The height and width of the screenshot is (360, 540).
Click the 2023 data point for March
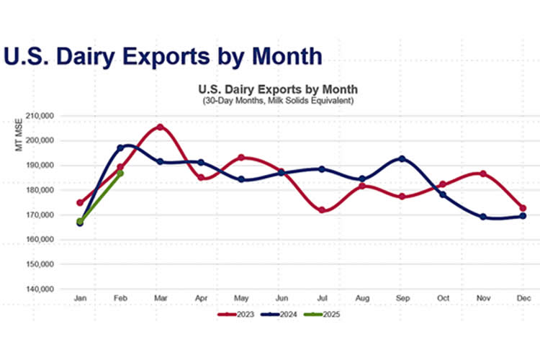coord(160,127)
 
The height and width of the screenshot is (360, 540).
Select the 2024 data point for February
coord(120,148)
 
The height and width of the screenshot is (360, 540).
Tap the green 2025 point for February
coord(120,174)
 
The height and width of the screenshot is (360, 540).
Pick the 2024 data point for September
coord(402,158)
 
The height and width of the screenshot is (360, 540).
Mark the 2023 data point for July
coord(322,210)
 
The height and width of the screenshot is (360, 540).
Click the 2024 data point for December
coord(523,216)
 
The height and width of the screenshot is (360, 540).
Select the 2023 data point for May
coord(241,157)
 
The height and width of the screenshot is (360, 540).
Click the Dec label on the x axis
coord(523,297)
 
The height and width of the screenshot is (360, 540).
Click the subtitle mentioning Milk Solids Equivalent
coord(278,100)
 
